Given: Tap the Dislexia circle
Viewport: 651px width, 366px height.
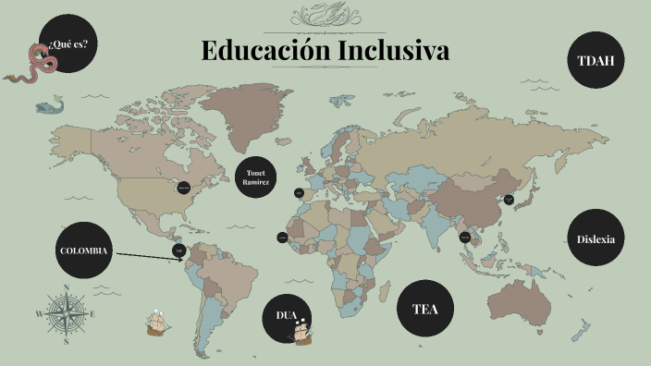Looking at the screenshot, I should pyautogui.click(x=596, y=238).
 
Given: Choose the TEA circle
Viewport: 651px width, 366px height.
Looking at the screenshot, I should pyautogui.click(x=424, y=309).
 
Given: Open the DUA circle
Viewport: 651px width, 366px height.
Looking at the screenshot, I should pyautogui.click(x=287, y=316).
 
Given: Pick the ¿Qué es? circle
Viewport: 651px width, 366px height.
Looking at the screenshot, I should pyautogui.click(x=69, y=44).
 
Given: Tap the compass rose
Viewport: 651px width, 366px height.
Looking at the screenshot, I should pyautogui.click(x=65, y=313).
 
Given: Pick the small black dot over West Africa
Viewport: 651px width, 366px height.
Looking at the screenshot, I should pyautogui.click(x=282, y=238).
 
